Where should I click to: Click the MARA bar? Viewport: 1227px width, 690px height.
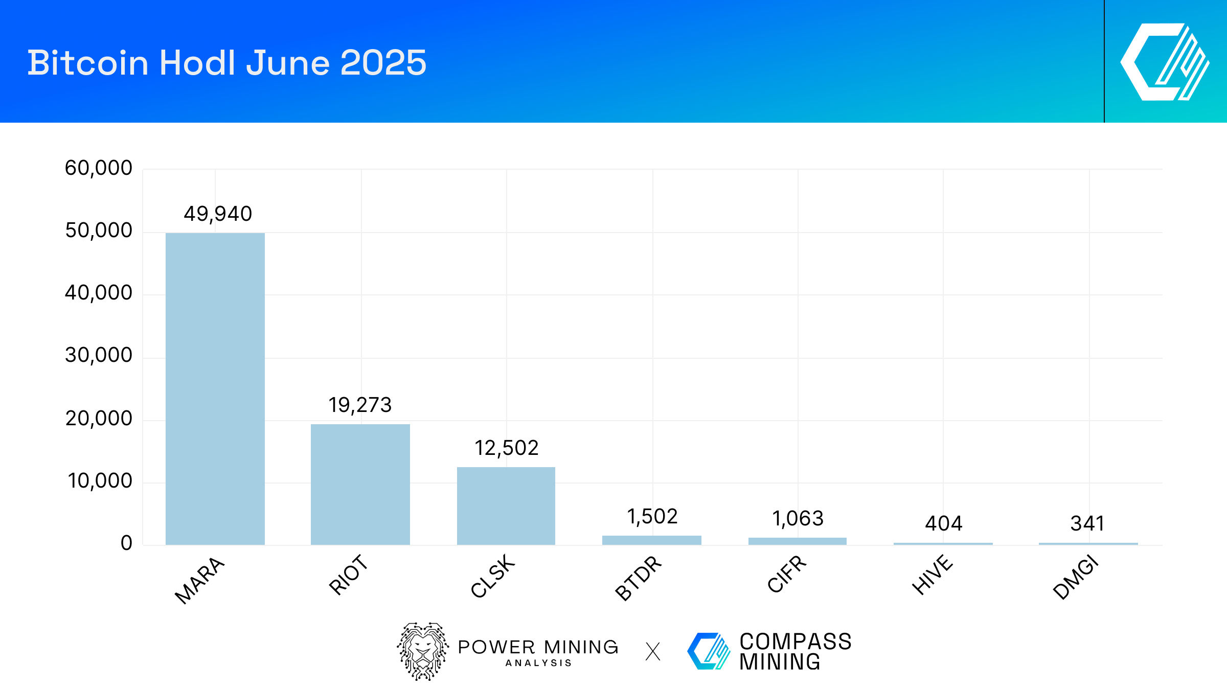coord(215,388)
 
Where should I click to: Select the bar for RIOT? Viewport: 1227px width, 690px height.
coord(360,485)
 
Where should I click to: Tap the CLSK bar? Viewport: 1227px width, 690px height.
coord(506,506)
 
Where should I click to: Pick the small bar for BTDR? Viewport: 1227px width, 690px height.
coord(651,540)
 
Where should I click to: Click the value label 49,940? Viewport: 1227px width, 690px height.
coord(218,214)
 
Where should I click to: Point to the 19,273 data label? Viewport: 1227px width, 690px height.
coord(360,405)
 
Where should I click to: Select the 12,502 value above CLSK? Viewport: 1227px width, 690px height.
coord(506,448)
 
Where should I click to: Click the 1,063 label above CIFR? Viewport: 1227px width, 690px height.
coord(798,518)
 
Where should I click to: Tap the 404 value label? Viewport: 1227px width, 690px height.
coord(943,523)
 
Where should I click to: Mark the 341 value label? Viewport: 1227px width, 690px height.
coord(1087,523)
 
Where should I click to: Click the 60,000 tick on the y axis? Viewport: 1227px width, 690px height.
coord(99,168)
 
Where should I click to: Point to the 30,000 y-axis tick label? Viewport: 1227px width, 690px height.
coord(99,355)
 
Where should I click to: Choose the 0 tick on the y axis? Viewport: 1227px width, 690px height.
coord(126,543)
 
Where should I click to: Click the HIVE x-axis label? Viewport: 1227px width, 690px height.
coord(933,574)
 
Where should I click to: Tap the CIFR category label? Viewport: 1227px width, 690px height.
coord(787,573)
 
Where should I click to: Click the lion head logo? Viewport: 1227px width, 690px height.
coord(423,651)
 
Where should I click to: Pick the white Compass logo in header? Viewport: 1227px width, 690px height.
coord(1165,61)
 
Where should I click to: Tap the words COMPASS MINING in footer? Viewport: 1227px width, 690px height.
coord(794,651)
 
